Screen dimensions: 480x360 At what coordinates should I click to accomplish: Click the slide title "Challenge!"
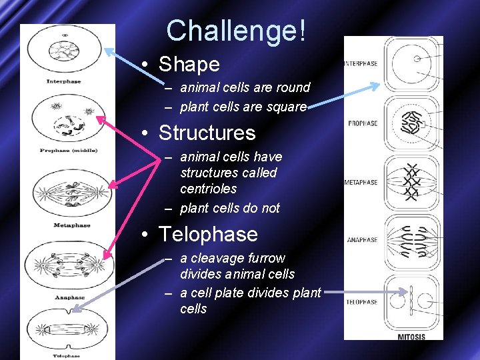[x=236, y=31]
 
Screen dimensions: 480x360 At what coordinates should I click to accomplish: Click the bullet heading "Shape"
[x=189, y=64]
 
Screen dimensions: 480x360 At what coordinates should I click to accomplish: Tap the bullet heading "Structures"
[x=207, y=133]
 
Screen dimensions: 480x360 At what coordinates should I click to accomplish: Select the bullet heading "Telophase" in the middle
[x=208, y=234]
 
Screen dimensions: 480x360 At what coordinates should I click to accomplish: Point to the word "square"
[x=284, y=107]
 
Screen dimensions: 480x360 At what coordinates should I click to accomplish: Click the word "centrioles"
[x=208, y=189]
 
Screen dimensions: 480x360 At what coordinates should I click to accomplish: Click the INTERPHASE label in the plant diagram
[x=361, y=64]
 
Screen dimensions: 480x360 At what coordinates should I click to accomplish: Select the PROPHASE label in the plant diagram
[x=363, y=123]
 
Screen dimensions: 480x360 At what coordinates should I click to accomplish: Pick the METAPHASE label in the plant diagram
[x=361, y=182]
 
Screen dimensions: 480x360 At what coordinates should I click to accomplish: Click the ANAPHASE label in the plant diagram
[x=362, y=240]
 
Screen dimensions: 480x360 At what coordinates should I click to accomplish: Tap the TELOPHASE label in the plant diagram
[x=362, y=302]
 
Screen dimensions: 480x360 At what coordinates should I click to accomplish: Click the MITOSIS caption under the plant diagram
[x=411, y=337]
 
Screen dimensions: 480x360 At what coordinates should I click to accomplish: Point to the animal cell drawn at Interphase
[x=65, y=52]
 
